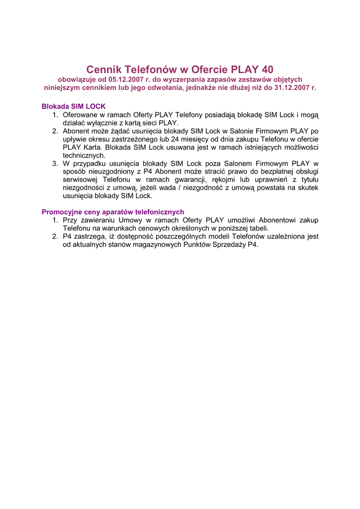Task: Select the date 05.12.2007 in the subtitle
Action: pyautogui.click(x=126, y=80)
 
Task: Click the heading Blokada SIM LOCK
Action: pyautogui.click(x=74, y=106)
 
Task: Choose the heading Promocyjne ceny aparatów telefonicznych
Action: pyautogui.click(x=113, y=212)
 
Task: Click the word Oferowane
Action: pyautogui.click(x=80, y=115)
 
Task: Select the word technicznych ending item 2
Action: pyautogui.click(x=84, y=155)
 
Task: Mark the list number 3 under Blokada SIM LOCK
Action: pyautogui.click(x=55, y=164)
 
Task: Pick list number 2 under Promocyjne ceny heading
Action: pyautogui.click(x=55, y=237)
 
